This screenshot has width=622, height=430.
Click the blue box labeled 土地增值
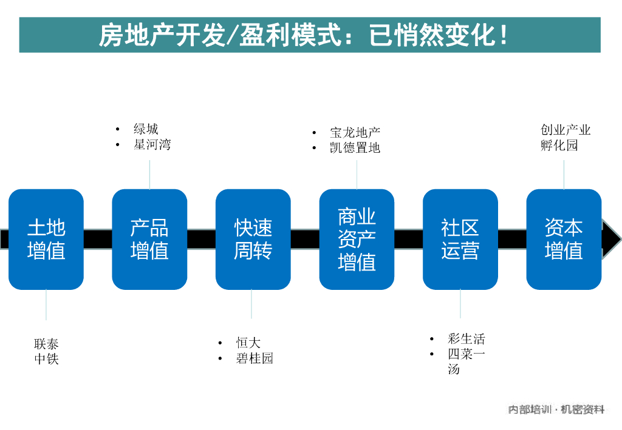click(x=46, y=239)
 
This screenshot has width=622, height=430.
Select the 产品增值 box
click(x=149, y=239)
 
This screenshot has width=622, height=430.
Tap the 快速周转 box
click(x=253, y=239)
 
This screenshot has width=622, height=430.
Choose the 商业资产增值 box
click(x=357, y=239)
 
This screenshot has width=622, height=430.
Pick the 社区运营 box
click(x=460, y=239)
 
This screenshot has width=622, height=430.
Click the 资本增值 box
click(x=564, y=239)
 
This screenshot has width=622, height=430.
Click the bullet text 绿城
click(x=146, y=129)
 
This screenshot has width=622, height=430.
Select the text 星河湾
click(x=152, y=145)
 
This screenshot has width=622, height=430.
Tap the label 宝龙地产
click(x=355, y=132)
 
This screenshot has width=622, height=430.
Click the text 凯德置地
click(x=355, y=148)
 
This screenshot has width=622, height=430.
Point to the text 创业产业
click(x=566, y=130)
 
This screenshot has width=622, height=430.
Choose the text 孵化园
click(x=559, y=146)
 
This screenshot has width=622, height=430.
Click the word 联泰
click(x=46, y=344)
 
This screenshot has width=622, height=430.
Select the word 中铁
click(x=46, y=359)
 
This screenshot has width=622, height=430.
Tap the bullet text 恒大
click(x=248, y=343)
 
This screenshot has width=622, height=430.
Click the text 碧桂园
click(x=255, y=358)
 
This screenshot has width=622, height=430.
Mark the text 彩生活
click(x=466, y=339)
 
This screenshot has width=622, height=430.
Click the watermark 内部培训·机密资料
click(x=556, y=410)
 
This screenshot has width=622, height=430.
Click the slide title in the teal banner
click(x=304, y=35)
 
